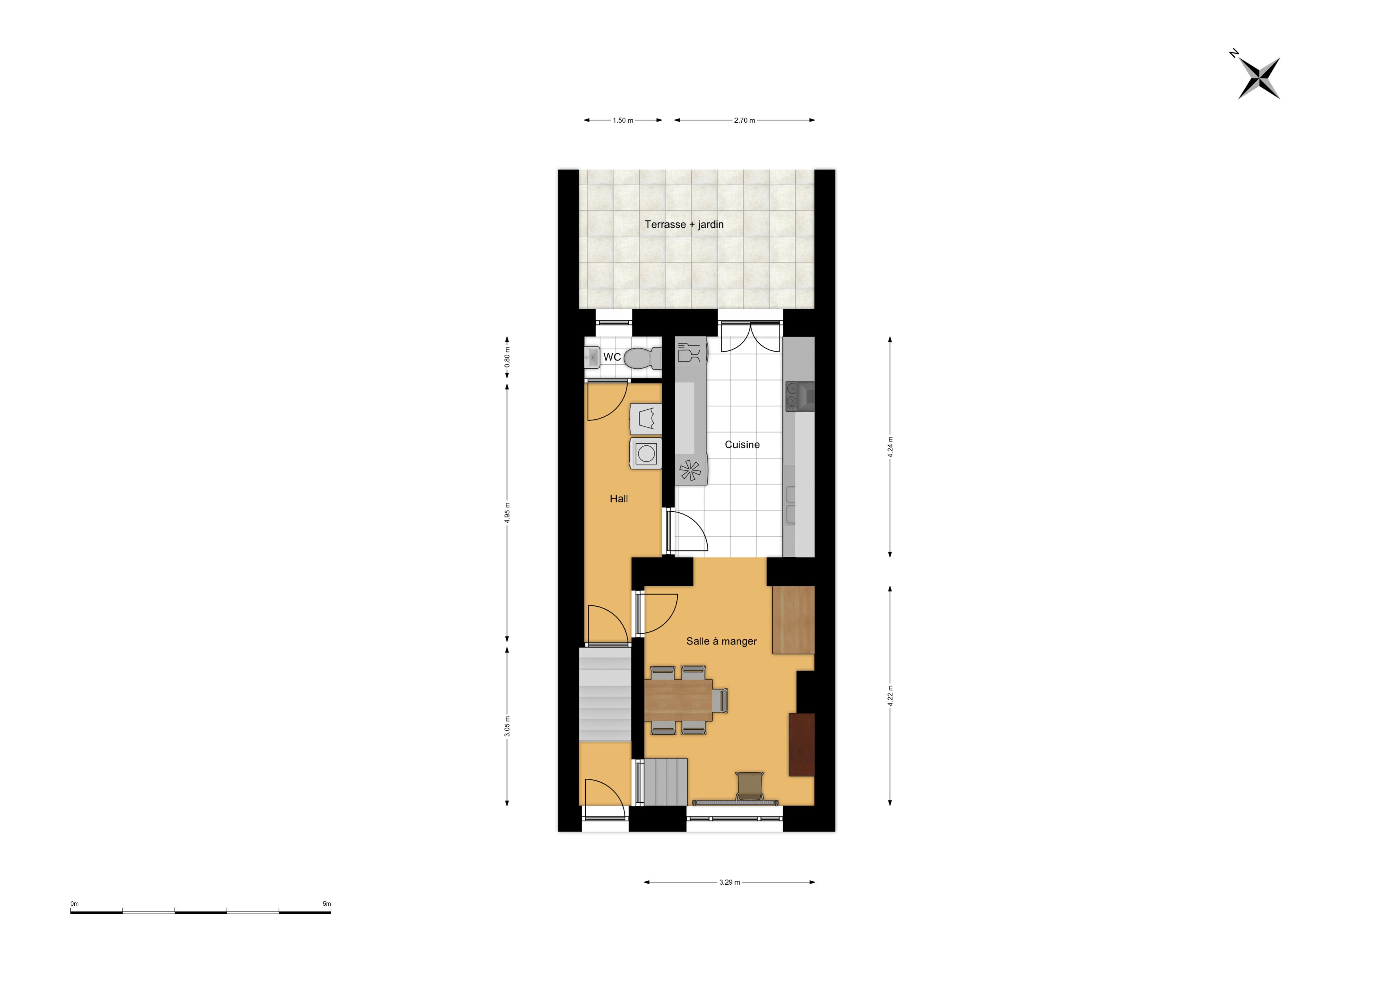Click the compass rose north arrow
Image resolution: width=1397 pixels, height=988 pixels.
click(x=1259, y=78)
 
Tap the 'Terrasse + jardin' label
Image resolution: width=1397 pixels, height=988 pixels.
click(x=684, y=225)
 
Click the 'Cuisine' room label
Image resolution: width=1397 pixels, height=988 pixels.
click(x=742, y=444)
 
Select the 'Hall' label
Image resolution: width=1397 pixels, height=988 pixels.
click(x=619, y=499)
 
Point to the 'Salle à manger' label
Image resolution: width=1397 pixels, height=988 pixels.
click(x=722, y=641)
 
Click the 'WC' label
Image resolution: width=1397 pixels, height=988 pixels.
click(x=612, y=357)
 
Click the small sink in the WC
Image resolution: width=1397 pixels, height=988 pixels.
click(x=592, y=357)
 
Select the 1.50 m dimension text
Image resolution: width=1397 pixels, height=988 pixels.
click(x=623, y=120)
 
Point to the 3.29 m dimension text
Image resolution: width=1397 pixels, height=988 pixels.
click(x=729, y=882)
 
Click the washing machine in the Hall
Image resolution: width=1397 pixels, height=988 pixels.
click(x=645, y=453)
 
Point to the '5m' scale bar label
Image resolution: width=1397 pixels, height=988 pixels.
click(x=327, y=904)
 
